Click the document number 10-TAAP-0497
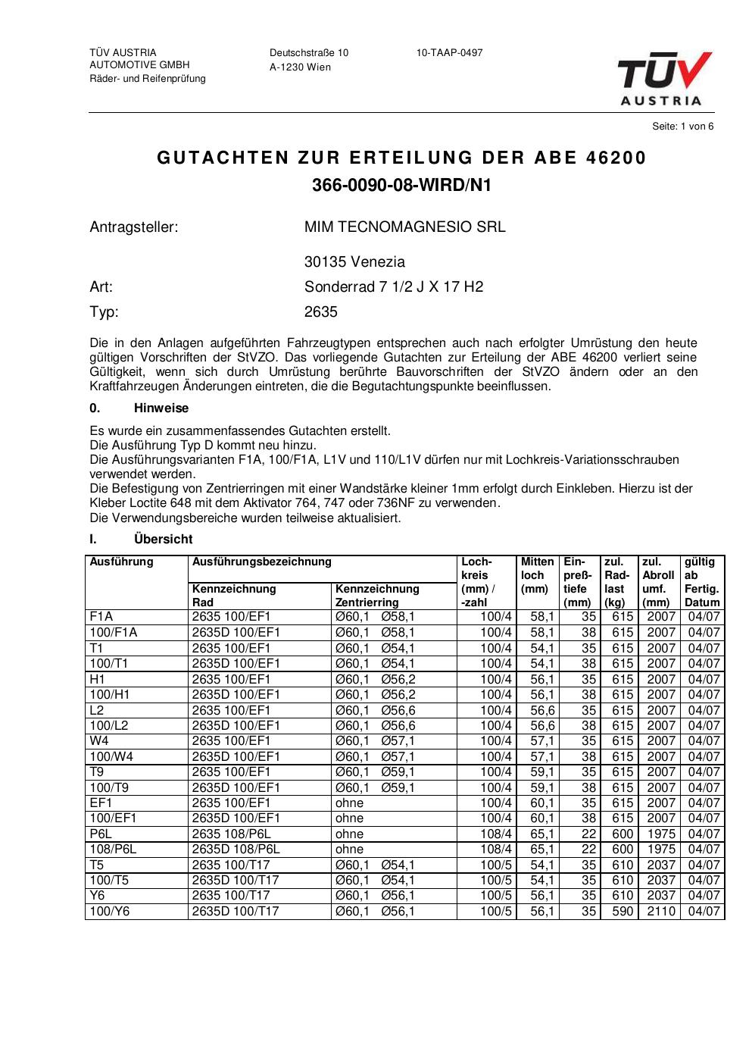(x=449, y=53)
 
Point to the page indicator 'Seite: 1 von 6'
(x=682, y=127)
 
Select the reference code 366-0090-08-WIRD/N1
(x=401, y=185)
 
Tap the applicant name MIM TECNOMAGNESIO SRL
(x=404, y=227)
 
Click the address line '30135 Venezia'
(x=354, y=262)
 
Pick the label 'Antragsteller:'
(x=134, y=227)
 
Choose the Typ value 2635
(x=321, y=311)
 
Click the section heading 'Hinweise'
(x=161, y=408)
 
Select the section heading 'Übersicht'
(x=163, y=540)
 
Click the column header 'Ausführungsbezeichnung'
(x=262, y=562)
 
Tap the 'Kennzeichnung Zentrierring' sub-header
(x=377, y=596)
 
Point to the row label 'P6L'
(x=101, y=834)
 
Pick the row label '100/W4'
(x=109, y=756)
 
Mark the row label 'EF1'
(x=101, y=803)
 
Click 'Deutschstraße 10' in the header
(x=309, y=53)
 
